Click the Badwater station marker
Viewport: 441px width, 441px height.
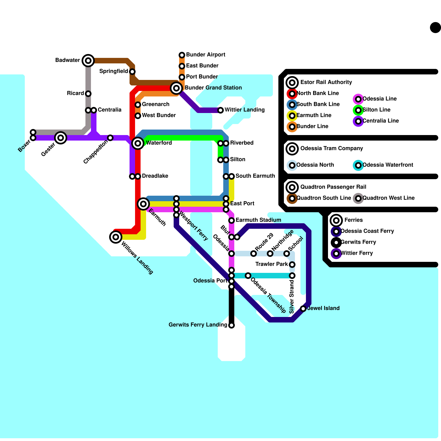88,60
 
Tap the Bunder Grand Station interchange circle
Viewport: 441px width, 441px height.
176,88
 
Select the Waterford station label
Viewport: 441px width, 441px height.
159,143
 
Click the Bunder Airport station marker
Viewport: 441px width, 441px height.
182,55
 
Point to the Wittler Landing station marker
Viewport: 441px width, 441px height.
220,110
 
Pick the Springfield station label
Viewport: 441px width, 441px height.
114,71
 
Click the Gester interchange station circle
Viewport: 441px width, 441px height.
61,138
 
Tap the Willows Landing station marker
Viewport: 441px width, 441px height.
116,237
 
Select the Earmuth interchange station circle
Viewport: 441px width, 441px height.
143,204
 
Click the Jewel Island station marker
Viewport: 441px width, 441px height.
303,309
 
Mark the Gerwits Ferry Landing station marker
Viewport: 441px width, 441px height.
232,325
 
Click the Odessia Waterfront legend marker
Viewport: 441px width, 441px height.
358,165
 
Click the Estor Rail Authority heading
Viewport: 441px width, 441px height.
326,82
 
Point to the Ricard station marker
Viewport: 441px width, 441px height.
88,94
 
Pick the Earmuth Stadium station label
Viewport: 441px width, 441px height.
258,220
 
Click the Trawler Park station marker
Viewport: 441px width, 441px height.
292,265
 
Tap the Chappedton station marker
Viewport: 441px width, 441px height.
110,138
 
